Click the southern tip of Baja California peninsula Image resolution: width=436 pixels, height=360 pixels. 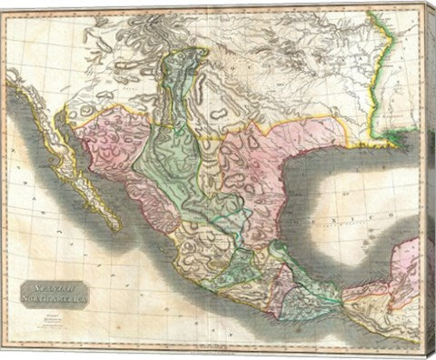point(115,227)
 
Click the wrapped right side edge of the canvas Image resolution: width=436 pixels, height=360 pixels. point(430,182)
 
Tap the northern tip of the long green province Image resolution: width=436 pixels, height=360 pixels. point(178,55)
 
